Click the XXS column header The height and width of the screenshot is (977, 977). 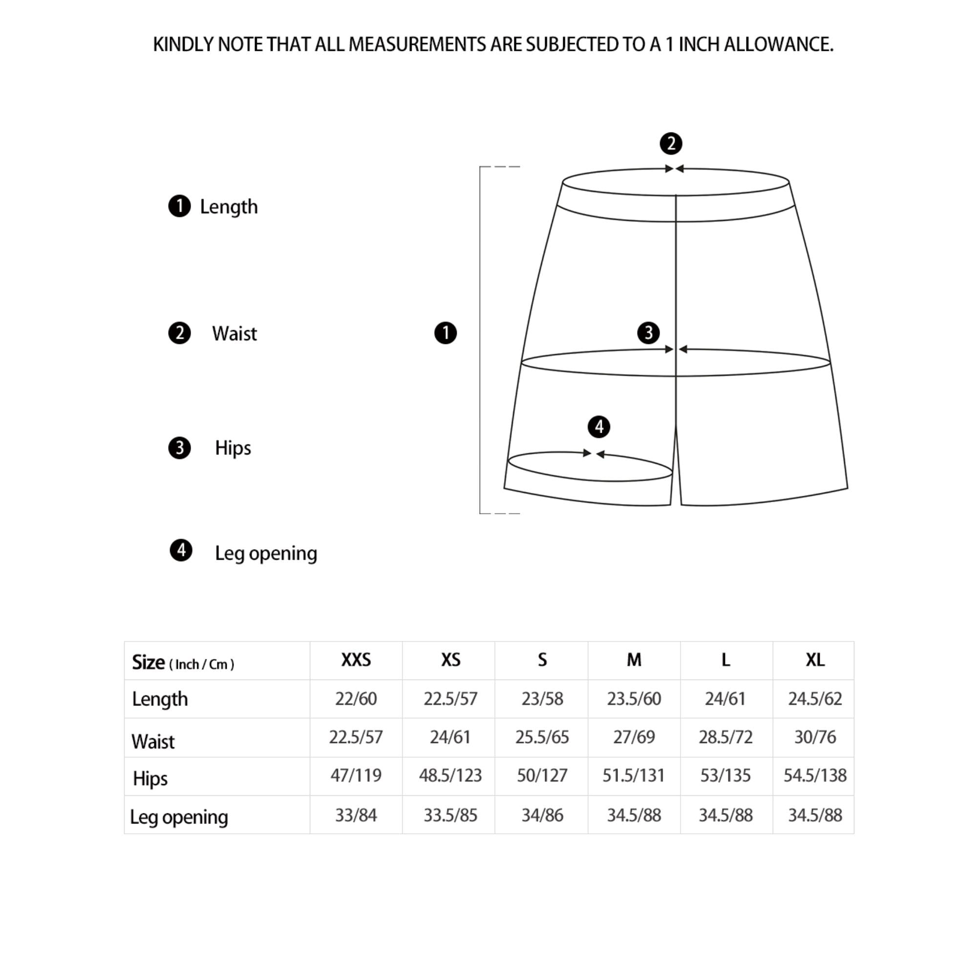(x=356, y=660)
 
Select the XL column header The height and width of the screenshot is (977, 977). (x=815, y=660)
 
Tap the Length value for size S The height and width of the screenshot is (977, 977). (x=542, y=699)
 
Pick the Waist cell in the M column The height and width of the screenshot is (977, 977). (x=634, y=737)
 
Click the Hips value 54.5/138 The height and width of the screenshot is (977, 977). (x=815, y=775)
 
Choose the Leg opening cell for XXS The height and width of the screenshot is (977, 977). (x=356, y=815)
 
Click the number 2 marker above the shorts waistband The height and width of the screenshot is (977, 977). (x=671, y=144)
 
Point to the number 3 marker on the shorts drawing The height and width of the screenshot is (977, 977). (x=648, y=333)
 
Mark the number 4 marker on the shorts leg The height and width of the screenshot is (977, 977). (x=599, y=427)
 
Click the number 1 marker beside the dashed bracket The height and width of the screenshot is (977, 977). (x=446, y=333)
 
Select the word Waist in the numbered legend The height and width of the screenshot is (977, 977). (x=234, y=334)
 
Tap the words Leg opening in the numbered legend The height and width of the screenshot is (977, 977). (x=266, y=553)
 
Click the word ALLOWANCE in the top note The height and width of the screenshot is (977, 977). (x=778, y=44)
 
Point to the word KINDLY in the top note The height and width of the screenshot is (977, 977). (x=183, y=44)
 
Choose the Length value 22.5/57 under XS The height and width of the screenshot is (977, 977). (x=450, y=699)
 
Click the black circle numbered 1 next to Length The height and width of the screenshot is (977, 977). (x=179, y=206)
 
